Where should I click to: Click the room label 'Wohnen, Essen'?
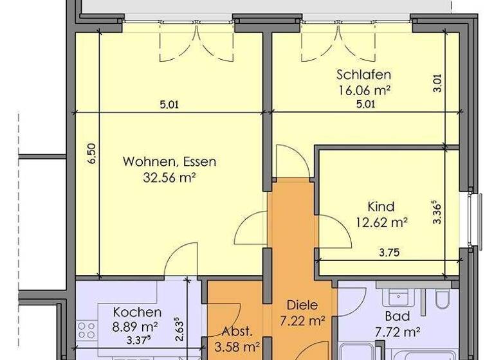169,161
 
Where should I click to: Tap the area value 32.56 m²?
169,177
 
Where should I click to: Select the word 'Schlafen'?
363,75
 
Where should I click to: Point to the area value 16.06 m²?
364,90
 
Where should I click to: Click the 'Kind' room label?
381,207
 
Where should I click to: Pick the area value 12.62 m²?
381,222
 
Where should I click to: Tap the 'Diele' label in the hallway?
302,305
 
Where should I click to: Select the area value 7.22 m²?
302,320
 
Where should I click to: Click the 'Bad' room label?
397,316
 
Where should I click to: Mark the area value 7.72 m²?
397,332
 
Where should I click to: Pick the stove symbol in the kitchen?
86,332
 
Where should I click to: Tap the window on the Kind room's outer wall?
474,219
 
